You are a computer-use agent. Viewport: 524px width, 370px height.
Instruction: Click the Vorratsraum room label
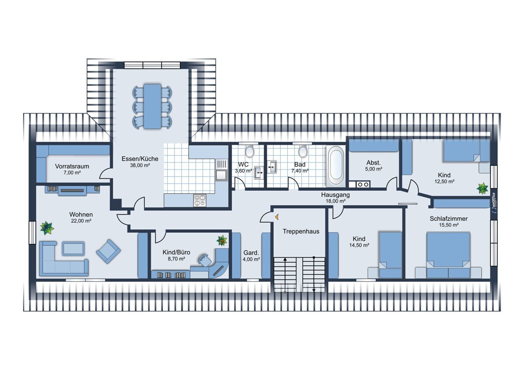pyautogui.click(x=72, y=166)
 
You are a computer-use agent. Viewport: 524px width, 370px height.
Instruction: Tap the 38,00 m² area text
pyautogui.click(x=140, y=165)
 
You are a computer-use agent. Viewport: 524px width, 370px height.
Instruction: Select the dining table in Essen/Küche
pyautogui.click(x=152, y=106)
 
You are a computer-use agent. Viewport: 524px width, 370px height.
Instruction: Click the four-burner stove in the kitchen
pyautogui.click(x=200, y=201)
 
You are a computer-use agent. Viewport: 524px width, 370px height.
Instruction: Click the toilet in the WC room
pyautogui.click(x=250, y=151)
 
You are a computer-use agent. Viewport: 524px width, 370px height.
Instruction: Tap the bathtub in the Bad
pyautogui.click(x=336, y=166)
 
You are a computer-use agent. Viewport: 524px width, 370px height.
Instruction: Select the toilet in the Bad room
pyautogui.click(x=303, y=151)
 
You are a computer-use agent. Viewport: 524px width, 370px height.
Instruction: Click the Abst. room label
pyautogui.click(x=374, y=163)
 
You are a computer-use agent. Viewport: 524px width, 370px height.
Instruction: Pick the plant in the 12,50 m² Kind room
pyautogui.click(x=483, y=188)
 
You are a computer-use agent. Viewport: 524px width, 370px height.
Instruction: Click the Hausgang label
pyautogui.click(x=335, y=195)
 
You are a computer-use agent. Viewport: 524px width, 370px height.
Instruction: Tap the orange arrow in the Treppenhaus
pyautogui.click(x=277, y=217)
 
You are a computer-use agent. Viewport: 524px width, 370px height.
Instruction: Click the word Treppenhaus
pyautogui.click(x=301, y=231)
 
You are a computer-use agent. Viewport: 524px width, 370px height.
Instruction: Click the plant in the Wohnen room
pyautogui.click(x=47, y=228)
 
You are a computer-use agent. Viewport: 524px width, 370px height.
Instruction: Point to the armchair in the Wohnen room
pyautogui.click(x=109, y=251)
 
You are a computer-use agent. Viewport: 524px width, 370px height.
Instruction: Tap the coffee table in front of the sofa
pyautogui.click(x=73, y=248)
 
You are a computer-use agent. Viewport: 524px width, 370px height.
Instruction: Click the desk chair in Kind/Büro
pyautogui.click(x=204, y=260)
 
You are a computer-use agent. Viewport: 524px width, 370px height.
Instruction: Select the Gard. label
pyautogui.click(x=251, y=253)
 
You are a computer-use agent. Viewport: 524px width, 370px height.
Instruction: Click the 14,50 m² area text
pyautogui.click(x=359, y=245)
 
